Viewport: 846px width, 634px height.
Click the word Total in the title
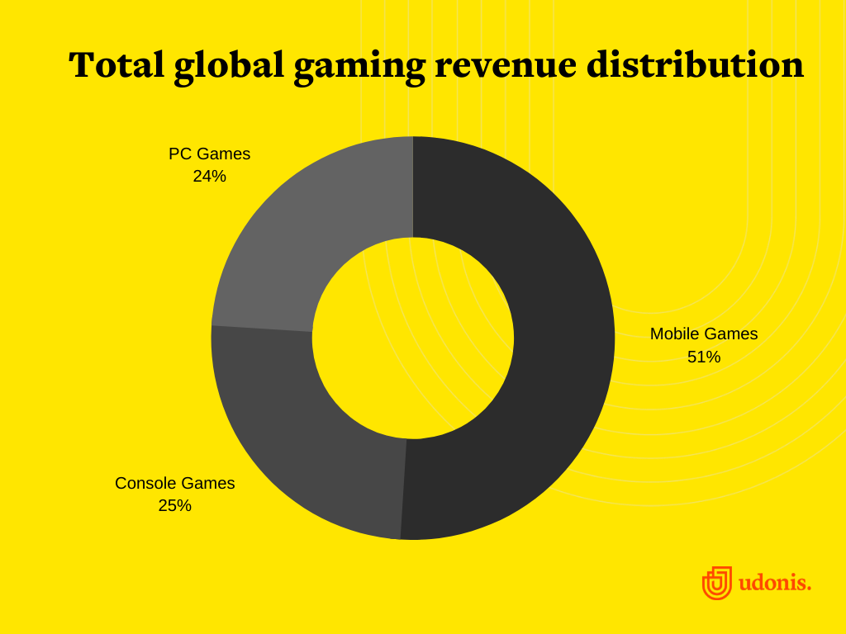116,65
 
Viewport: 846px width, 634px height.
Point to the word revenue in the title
506,66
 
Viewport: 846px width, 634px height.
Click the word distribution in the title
695,65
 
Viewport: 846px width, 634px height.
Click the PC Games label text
209,154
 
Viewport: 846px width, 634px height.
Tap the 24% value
209,176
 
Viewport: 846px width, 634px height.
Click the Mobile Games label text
703,334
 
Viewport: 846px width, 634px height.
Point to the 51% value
703,357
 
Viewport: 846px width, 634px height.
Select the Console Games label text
174,483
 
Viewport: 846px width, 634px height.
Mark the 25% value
174,505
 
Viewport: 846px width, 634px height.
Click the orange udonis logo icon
716,583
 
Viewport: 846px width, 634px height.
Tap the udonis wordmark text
774,583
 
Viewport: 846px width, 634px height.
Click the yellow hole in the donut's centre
412,338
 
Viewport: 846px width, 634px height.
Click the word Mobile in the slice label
674,334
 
